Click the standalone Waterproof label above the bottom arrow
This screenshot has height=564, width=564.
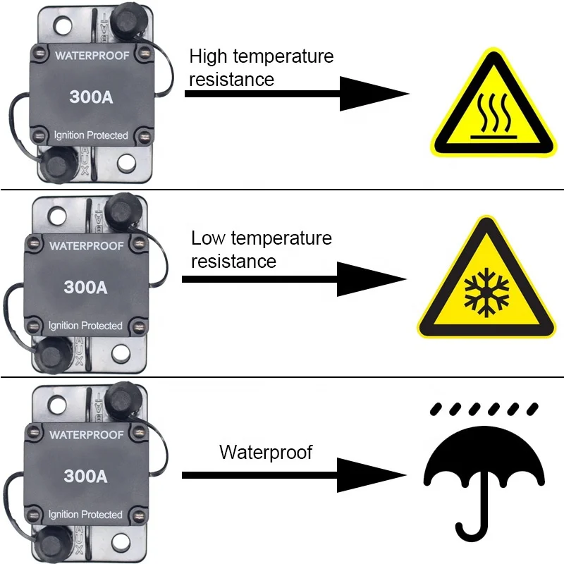[x=266, y=451]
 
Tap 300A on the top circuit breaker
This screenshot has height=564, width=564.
[x=91, y=97]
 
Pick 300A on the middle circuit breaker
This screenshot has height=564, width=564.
[x=85, y=287]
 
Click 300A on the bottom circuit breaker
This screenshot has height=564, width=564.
[x=85, y=477]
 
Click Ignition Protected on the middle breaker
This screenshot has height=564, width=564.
[x=85, y=326]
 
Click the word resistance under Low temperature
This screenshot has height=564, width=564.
[x=233, y=262]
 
